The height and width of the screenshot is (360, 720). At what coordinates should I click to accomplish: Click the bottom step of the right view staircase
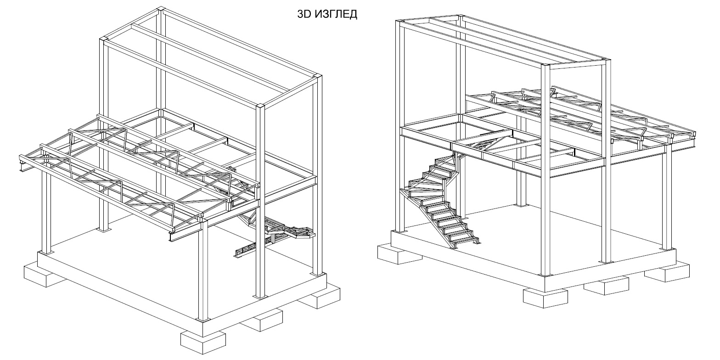coord(464,241)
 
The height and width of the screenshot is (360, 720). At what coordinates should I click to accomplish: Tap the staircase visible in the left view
coord(276,232)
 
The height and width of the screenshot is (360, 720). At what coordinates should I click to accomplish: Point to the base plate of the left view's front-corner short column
coord(202,318)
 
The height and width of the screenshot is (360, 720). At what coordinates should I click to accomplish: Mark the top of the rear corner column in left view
coord(159,9)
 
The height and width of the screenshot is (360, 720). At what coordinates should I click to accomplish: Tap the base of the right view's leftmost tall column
coord(401,230)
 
